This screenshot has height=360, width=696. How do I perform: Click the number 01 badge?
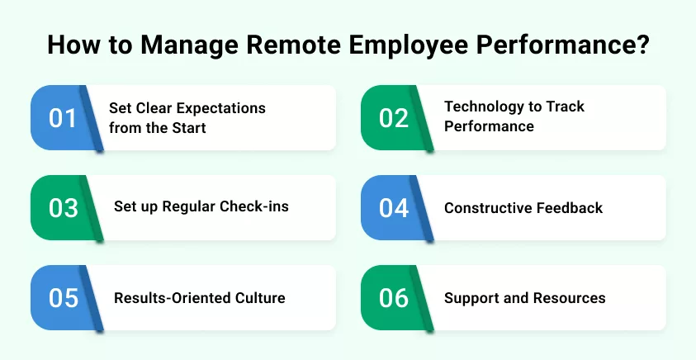(63, 118)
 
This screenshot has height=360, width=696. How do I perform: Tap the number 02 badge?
(394, 118)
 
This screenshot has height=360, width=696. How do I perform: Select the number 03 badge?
(63, 208)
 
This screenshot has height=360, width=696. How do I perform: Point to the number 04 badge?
(394, 208)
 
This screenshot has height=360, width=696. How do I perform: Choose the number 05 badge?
(63, 298)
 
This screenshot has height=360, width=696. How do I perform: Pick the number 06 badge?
(394, 298)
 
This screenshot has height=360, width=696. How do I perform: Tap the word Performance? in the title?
(561, 45)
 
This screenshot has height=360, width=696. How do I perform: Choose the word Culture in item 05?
(258, 297)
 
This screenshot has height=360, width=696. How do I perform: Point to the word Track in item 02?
(562, 107)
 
